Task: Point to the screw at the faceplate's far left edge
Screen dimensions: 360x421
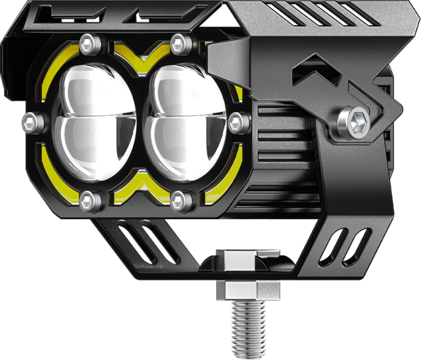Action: coord(30,120)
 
